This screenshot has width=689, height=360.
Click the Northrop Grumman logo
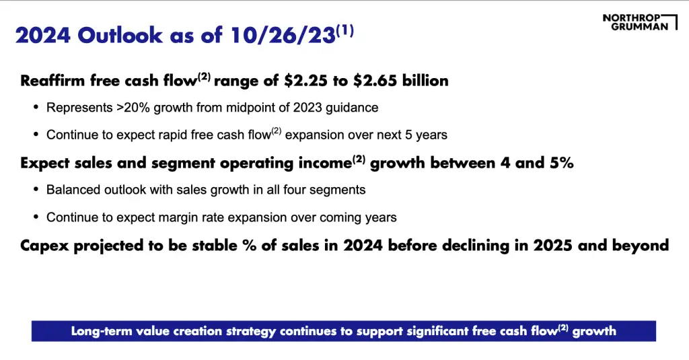(x=640, y=22)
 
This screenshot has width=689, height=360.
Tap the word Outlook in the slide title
(x=120, y=35)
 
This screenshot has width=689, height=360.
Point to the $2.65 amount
(x=375, y=81)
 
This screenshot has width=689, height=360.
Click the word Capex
(x=45, y=246)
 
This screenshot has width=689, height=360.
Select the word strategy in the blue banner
(x=251, y=332)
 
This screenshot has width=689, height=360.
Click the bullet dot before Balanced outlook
(x=36, y=190)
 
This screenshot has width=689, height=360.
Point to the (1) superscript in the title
(x=345, y=31)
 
